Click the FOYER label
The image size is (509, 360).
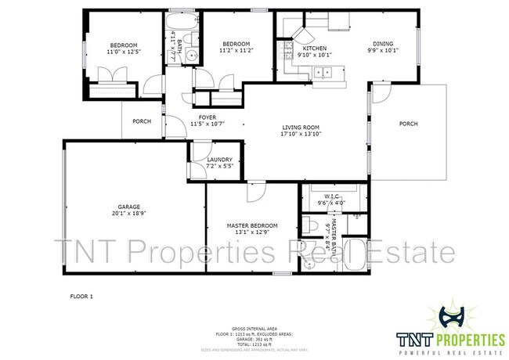(207, 117)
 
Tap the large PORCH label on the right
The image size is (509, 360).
(408, 124)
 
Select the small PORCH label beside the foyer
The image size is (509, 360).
(142, 121)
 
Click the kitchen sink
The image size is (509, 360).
(323, 73)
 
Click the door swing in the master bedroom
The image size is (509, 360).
(256, 193)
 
